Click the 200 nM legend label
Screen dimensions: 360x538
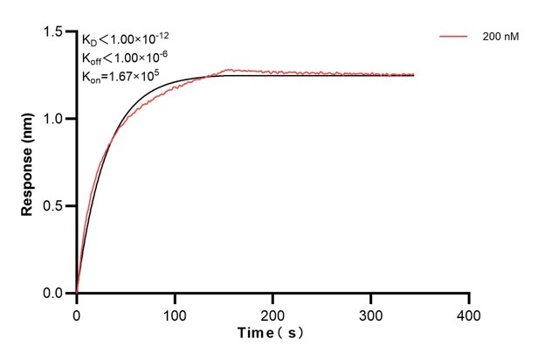499,38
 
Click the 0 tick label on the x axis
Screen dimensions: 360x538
77,311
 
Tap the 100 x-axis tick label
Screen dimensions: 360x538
175,311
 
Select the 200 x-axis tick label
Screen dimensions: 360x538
273,311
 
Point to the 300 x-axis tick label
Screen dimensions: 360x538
371,311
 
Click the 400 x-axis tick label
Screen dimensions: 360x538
469,311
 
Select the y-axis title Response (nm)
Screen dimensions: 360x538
27,163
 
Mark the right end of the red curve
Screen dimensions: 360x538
414,75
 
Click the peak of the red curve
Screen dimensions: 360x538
229,69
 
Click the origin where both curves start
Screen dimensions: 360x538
77,294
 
